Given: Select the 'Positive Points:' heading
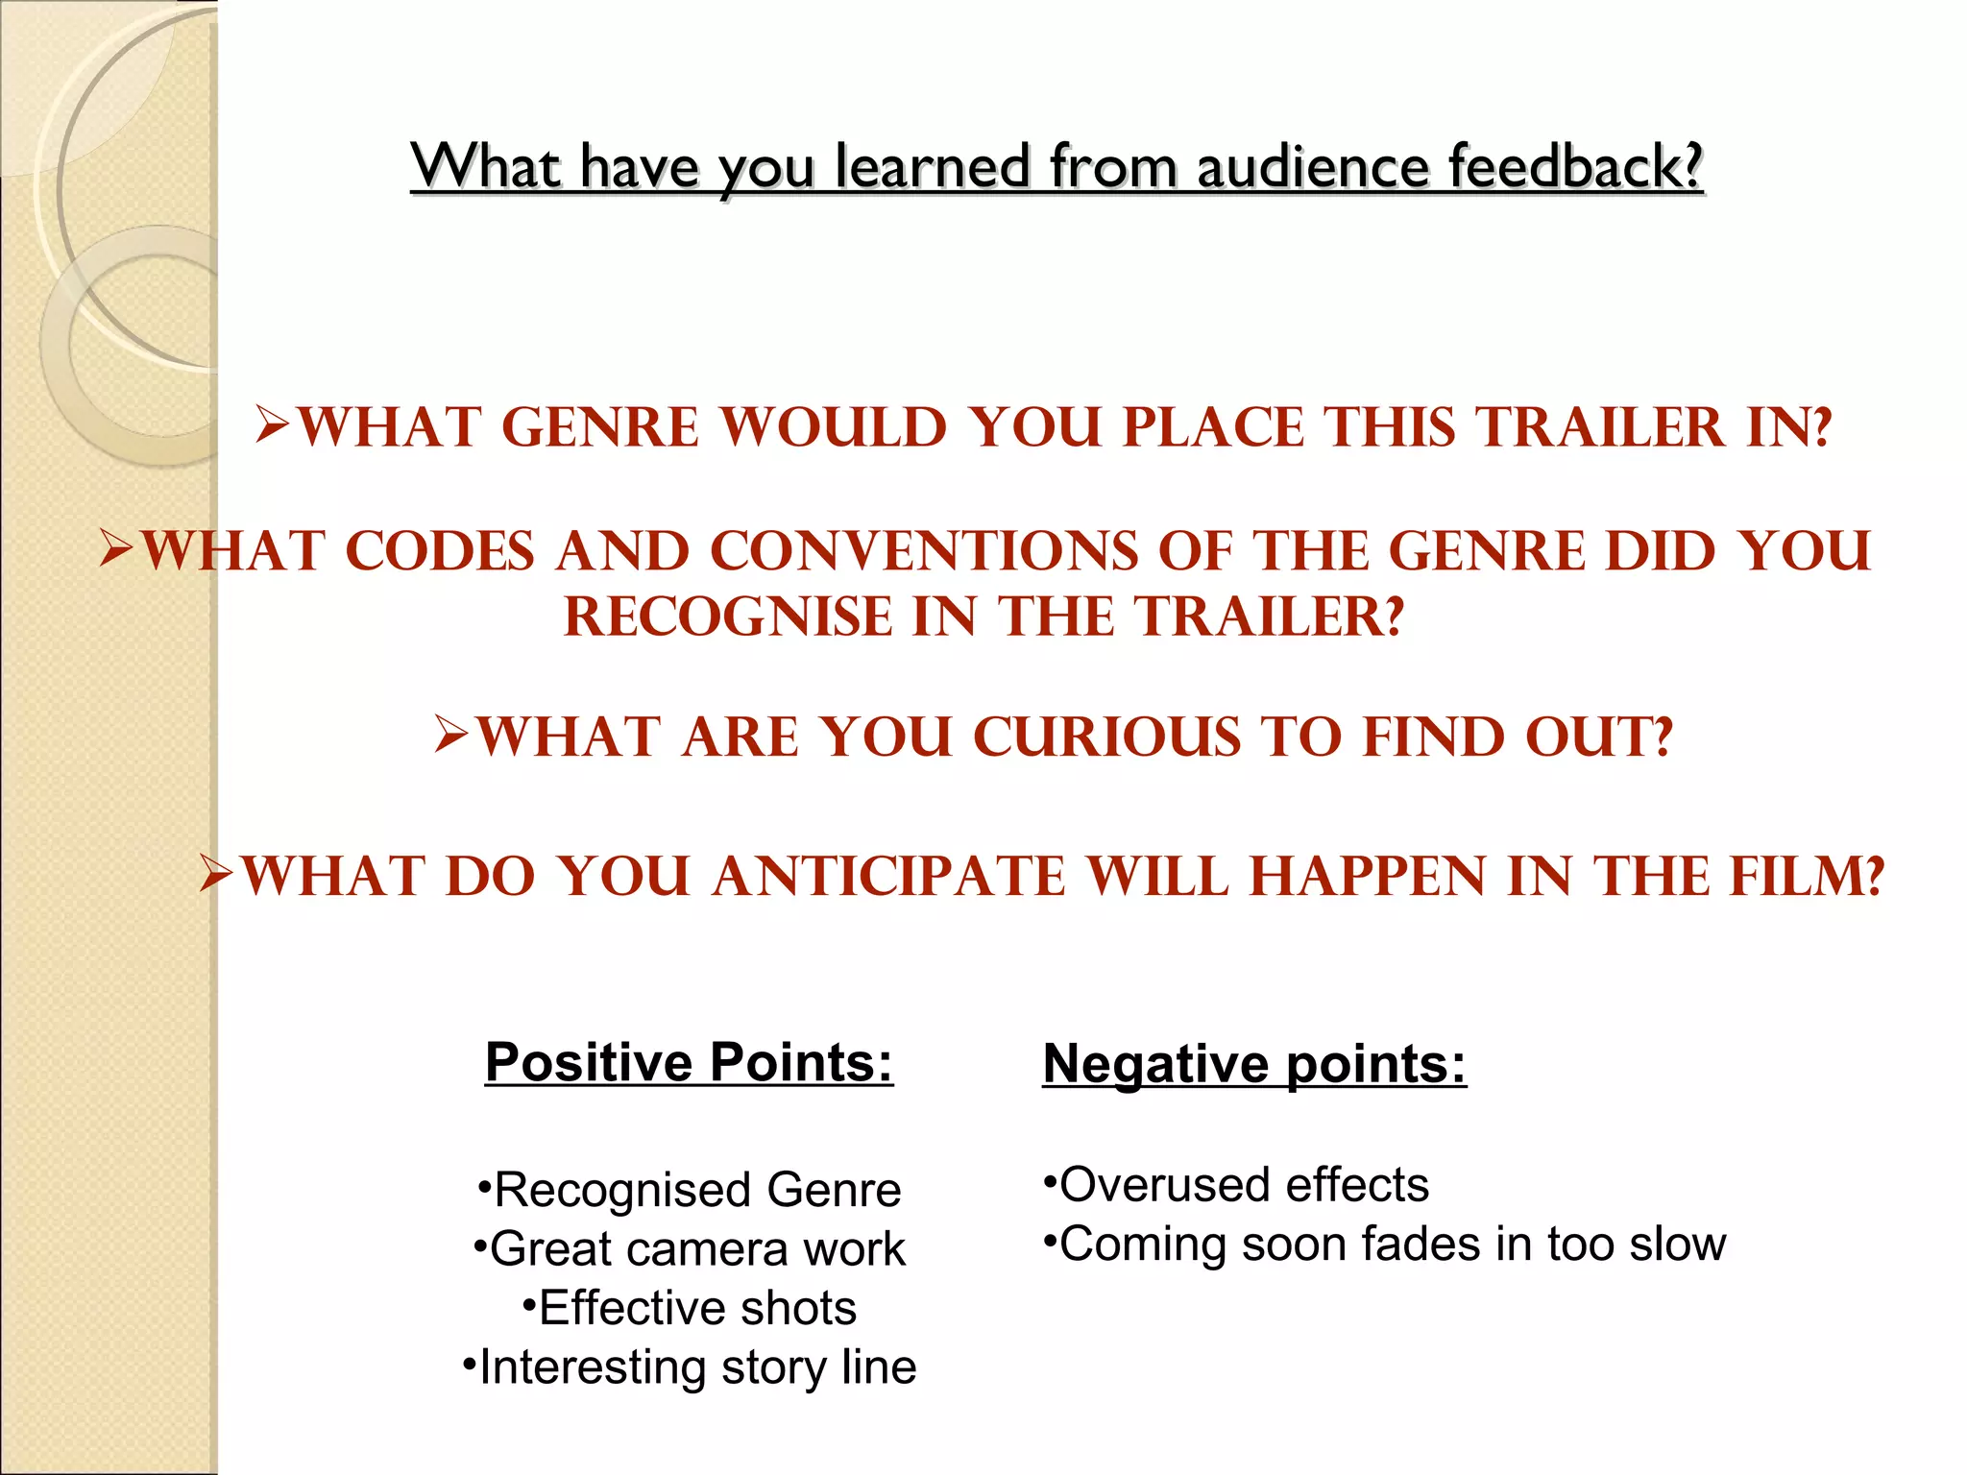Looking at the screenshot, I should [689, 1062].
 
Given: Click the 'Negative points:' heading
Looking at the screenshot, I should [1254, 1064].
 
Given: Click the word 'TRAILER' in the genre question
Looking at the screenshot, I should [1600, 427].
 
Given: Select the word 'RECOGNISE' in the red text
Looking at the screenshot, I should [727, 617].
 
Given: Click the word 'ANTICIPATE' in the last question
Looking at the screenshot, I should [888, 877].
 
